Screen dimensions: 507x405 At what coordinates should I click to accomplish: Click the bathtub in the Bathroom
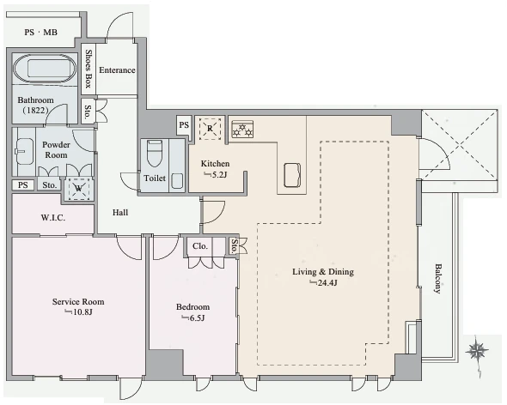click(45, 70)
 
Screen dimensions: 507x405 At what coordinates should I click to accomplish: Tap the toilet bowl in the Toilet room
click(154, 153)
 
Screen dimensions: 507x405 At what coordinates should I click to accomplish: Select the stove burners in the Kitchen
click(242, 130)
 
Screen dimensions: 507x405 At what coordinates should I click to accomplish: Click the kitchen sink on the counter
click(292, 175)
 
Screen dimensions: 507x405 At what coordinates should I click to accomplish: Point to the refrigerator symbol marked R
click(211, 129)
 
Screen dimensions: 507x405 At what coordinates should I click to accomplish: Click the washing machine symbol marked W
click(78, 188)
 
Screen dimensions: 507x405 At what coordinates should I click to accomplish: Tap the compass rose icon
click(477, 351)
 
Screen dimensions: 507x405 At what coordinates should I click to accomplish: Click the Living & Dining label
click(323, 272)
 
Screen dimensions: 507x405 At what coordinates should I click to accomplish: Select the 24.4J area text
click(323, 283)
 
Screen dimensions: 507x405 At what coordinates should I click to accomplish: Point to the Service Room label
click(78, 302)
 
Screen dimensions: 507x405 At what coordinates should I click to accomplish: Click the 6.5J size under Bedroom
click(193, 318)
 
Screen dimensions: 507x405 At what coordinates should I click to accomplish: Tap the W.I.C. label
click(53, 218)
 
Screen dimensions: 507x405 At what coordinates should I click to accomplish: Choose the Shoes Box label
click(89, 69)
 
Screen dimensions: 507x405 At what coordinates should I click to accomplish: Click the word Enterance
click(117, 70)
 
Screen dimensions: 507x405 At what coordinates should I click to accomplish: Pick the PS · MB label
click(41, 33)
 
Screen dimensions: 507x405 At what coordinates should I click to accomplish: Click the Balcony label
click(437, 278)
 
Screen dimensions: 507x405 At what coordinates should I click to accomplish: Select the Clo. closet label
click(200, 246)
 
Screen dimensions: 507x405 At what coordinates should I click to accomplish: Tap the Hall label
click(120, 213)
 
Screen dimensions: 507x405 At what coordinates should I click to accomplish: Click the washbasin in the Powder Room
click(25, 152)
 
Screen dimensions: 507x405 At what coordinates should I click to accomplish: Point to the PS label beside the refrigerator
click(184, 125)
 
